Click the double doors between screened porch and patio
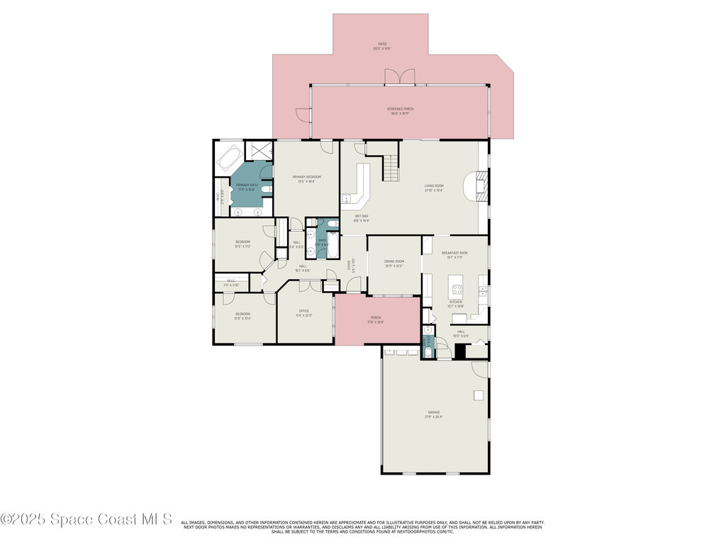pos(399,77)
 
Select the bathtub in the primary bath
pos(230,158)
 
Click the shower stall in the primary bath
pos(259,152)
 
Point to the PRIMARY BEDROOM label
pos(306,178)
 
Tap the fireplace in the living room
pos(479,186)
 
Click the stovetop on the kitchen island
pos(457,289)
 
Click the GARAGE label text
pos(433,414)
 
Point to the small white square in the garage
pos(479,395)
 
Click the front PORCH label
pos(376,319)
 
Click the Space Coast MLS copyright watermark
pos(86,519)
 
